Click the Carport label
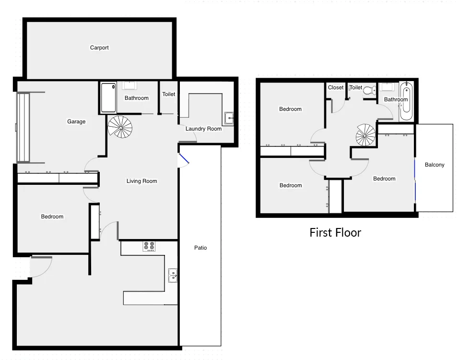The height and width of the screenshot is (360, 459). coord(99,48)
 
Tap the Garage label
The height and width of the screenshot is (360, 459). coord(76,121)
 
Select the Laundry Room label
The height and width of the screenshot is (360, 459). coord(203,129)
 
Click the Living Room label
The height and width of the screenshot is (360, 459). coord(141,181)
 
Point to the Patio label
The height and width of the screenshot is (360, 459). coord(200,248)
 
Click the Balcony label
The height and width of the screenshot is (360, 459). coord(435,165)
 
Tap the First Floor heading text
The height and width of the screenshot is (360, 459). coord(335,233)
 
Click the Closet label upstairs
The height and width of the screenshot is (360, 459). coord(336,87)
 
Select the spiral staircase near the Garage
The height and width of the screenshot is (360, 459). coord(120,127)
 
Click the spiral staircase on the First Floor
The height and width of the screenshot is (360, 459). coord(366,135)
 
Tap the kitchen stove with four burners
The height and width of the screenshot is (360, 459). coord(149,246)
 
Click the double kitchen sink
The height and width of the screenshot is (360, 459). coord(173,275)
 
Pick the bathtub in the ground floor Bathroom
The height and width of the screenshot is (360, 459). coord(108,97)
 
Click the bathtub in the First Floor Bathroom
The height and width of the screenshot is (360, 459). coord(406,101)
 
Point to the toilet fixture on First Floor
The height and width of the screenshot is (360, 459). coord(369,90)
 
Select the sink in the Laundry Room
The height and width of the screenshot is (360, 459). coord(229,118)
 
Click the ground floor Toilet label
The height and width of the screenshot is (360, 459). coord(168,94)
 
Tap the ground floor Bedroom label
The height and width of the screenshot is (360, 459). coord(52,216)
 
